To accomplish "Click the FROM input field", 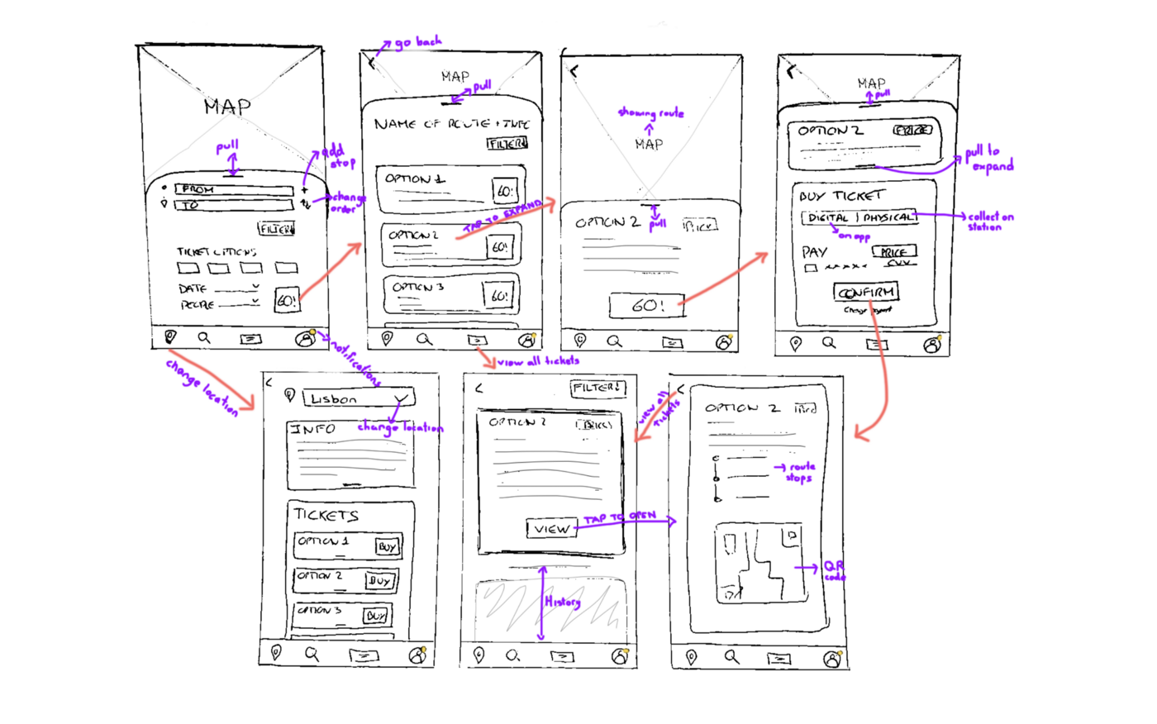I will (x=233, y=190).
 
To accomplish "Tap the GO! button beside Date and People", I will (x=286, y=300).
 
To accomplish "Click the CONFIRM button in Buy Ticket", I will (x=865, y=293).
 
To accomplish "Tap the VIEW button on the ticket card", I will (x=551, y=528).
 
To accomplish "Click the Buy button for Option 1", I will (x=387, y=546).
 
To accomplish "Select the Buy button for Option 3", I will (x=376, y=616).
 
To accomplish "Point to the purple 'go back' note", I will (x=418, y=42).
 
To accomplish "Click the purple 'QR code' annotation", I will (x=834, y=570).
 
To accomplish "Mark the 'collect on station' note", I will (x=990, y=221).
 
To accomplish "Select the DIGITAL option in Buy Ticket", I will (x=828, y=218).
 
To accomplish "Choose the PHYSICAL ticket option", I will (x=888, y=218).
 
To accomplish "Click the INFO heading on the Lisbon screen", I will (x=312, y=429).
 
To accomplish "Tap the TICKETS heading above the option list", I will (x=326, y=515).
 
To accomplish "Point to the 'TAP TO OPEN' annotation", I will (x=620, y=517).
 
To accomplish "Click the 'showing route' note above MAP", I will (x=650, y=113).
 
